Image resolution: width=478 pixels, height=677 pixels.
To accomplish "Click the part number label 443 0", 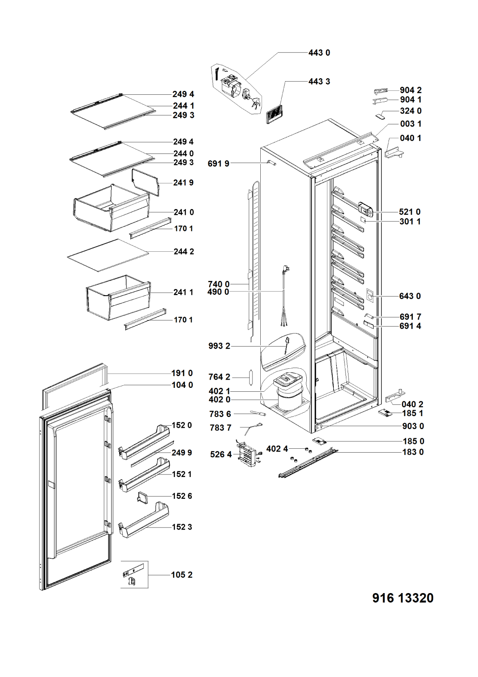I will tap(319, 53).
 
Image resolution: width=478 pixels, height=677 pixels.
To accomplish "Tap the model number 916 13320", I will tap(403, 598).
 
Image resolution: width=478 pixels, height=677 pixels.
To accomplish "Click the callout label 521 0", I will tap(410, 212).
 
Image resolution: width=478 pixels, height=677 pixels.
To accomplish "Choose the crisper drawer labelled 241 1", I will tap(117, 297).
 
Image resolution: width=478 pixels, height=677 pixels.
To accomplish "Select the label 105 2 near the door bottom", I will tap(182, 575).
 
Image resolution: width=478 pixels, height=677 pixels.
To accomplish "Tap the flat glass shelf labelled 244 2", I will tap(108, 255).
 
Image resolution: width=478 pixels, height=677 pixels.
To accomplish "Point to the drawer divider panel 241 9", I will tap(146, 181).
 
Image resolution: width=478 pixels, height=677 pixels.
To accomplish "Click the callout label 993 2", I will tap(219, 346).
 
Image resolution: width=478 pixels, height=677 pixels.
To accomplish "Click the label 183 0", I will tap(413, 452).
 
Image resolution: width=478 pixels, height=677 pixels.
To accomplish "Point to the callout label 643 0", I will tap(410, 296).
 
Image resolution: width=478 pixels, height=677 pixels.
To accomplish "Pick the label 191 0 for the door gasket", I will tap(182, 373).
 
